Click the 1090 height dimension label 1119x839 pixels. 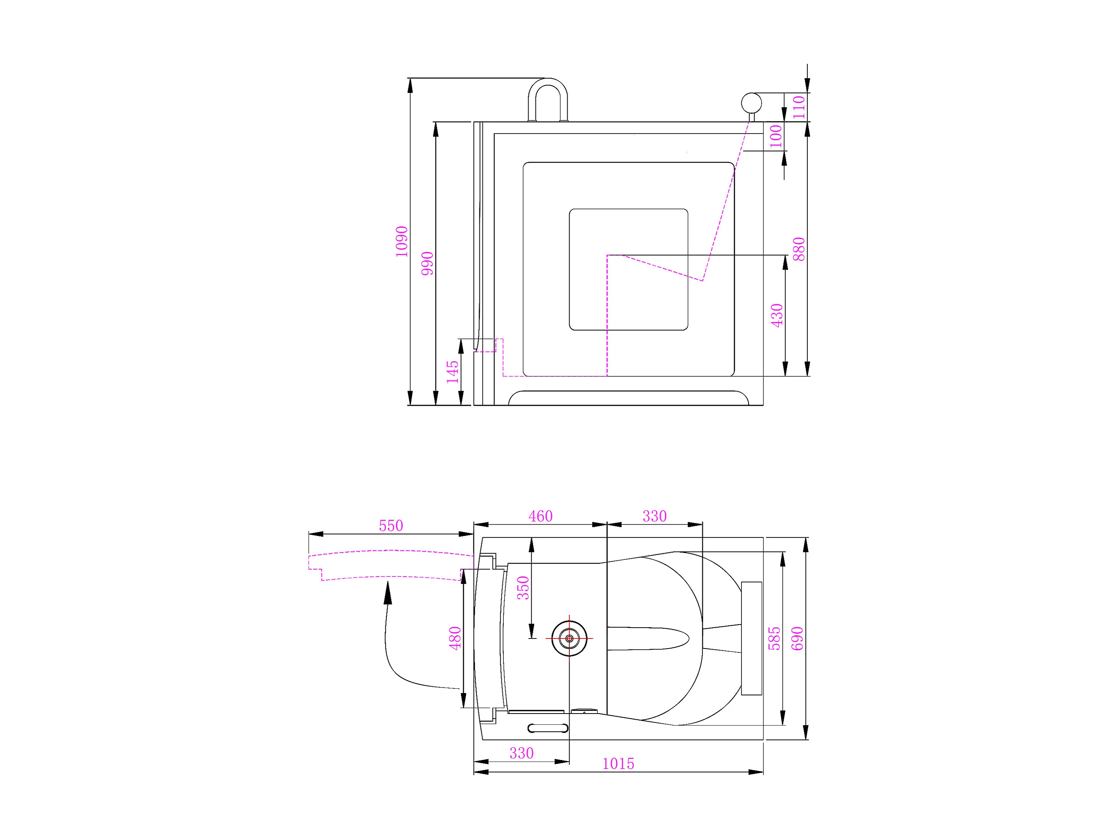click(x=401, y=241)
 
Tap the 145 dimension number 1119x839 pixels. click(x=452, y=372)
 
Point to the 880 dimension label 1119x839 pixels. click(x=798, y=249)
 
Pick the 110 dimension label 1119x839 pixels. click(x=798, y=107)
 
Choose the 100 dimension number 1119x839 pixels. click(x=776, y=136)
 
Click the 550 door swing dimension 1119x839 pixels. click(x=391, y=525)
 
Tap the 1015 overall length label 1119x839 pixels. click(x=618, y=764)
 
